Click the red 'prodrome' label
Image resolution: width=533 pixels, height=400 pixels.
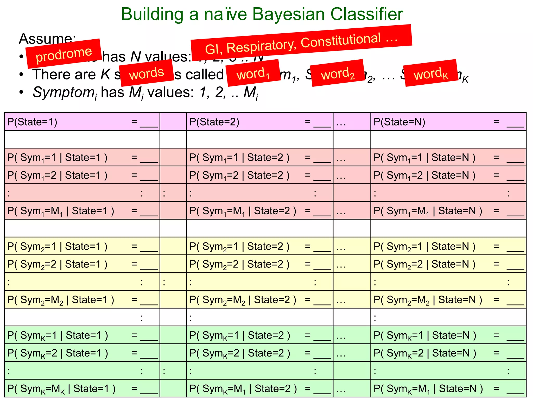coord(64,54)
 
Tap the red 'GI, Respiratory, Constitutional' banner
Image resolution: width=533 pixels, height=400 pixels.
coord(301,43)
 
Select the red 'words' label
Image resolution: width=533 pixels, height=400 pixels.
coord(147,73)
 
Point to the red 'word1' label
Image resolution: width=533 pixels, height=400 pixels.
coord(253,73)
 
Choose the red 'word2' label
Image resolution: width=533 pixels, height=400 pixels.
coord(338,73)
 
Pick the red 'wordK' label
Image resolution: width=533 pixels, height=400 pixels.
coord(431,73)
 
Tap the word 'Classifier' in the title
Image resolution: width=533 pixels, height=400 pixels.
coord(367,14)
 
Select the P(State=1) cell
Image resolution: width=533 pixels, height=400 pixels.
coord(82,122)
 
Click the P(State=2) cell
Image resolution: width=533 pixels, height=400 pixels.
coord(259,122)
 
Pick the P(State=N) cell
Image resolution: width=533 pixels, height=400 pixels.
coord(448,122)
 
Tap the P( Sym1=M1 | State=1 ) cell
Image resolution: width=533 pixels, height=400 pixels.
coord(82,211)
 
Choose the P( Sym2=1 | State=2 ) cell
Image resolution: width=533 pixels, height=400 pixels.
coord(259,246)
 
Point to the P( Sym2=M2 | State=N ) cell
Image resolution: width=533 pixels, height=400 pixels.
coord(448,300)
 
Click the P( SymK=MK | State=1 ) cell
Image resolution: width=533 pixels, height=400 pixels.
coord(82,389)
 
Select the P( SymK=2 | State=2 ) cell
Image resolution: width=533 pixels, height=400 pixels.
coord(259,353)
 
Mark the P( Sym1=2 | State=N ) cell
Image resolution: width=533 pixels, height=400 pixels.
coord(448,175)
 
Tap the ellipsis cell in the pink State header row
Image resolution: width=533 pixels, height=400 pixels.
coord(352,122)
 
